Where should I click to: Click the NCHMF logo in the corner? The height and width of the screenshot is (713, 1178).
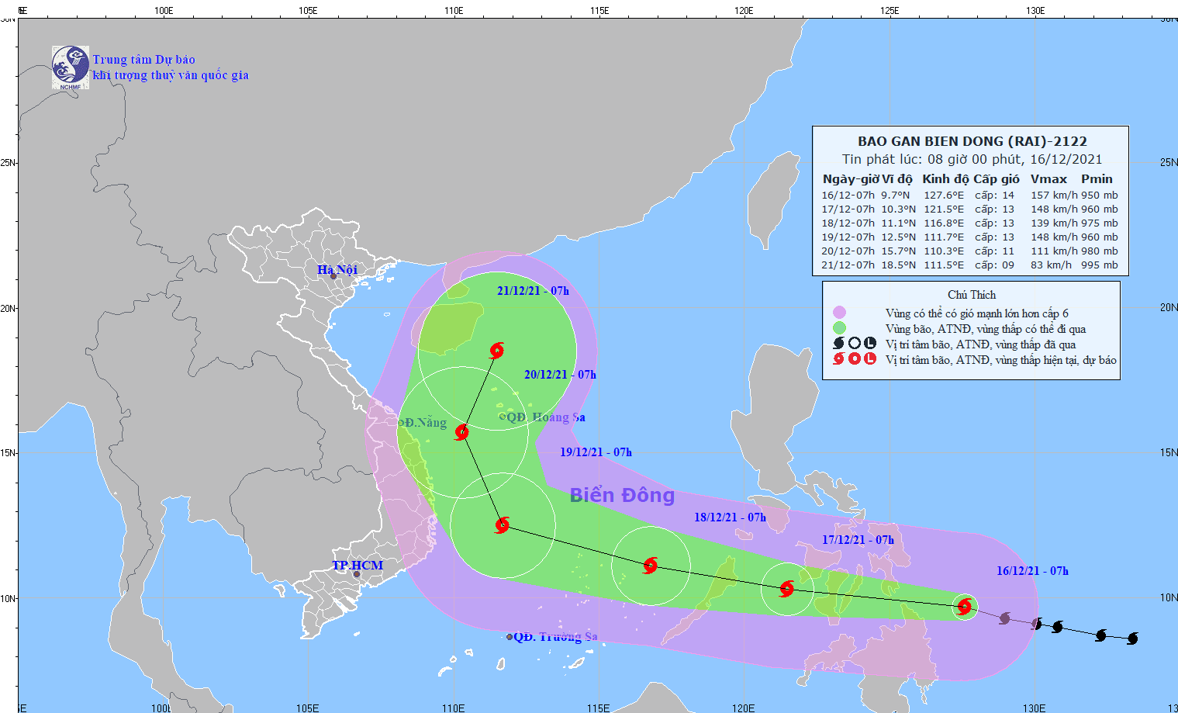point(70,67)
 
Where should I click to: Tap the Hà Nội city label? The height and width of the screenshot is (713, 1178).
point(337,269)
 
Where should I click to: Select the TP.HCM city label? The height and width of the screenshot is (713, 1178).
point(358,565)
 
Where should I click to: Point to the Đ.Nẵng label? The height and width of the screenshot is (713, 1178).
point(425,422)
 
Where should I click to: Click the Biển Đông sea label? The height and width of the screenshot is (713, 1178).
point(622,495)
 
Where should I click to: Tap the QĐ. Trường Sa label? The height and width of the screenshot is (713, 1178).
point(554,636)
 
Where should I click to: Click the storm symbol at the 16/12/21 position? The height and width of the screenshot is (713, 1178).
point(964,606)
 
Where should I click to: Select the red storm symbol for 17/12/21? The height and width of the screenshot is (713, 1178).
point(786,589)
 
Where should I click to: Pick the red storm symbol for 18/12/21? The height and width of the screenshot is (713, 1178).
point(650,565)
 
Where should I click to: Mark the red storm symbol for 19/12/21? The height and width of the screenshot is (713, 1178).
point(503,525)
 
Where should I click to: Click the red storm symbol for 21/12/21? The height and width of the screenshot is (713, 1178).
point(496,350)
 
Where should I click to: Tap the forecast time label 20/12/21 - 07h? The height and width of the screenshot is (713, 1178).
point(560,375)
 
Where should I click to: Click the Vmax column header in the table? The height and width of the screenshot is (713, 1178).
point(1048,178)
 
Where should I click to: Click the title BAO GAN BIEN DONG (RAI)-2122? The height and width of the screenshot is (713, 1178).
point(972,141)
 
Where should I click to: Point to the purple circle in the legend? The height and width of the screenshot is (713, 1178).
point(839,313)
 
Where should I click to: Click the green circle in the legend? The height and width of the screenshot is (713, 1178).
point(839,328)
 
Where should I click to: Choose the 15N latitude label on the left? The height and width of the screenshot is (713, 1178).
point(8,453)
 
